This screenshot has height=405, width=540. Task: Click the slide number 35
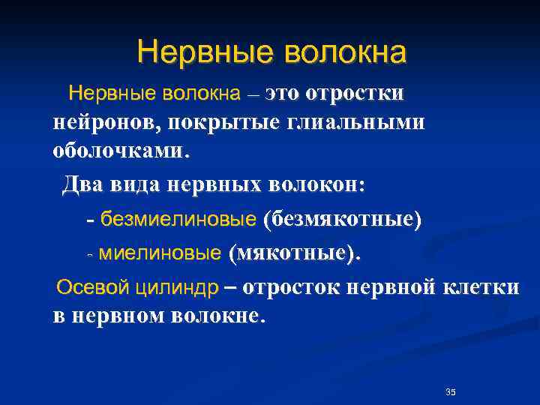tap(451, 393)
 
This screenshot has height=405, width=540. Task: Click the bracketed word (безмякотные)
tap(342, 220)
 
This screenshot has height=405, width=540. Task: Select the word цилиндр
tap(177, 288)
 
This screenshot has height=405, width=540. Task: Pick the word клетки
tap(480, 288)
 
